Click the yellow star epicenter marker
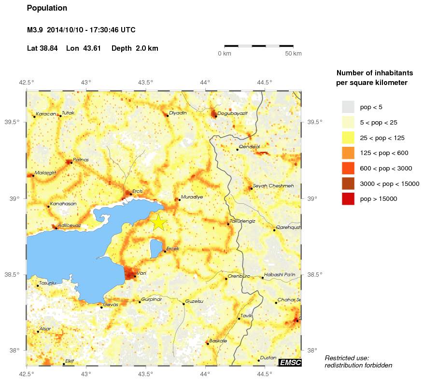click(159, 222)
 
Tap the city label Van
click(141, 273)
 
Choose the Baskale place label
click(218, 341)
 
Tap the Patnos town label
click(81, 159)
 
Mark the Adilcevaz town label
click(69, 226)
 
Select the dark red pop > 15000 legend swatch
click(348, 198)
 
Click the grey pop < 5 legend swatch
click(348, 107)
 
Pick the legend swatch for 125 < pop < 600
click(348, 153)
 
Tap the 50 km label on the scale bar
click(293, 53)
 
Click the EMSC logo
click(291, 363)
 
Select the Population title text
click(47, 8)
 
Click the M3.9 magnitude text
click(35, 30)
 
